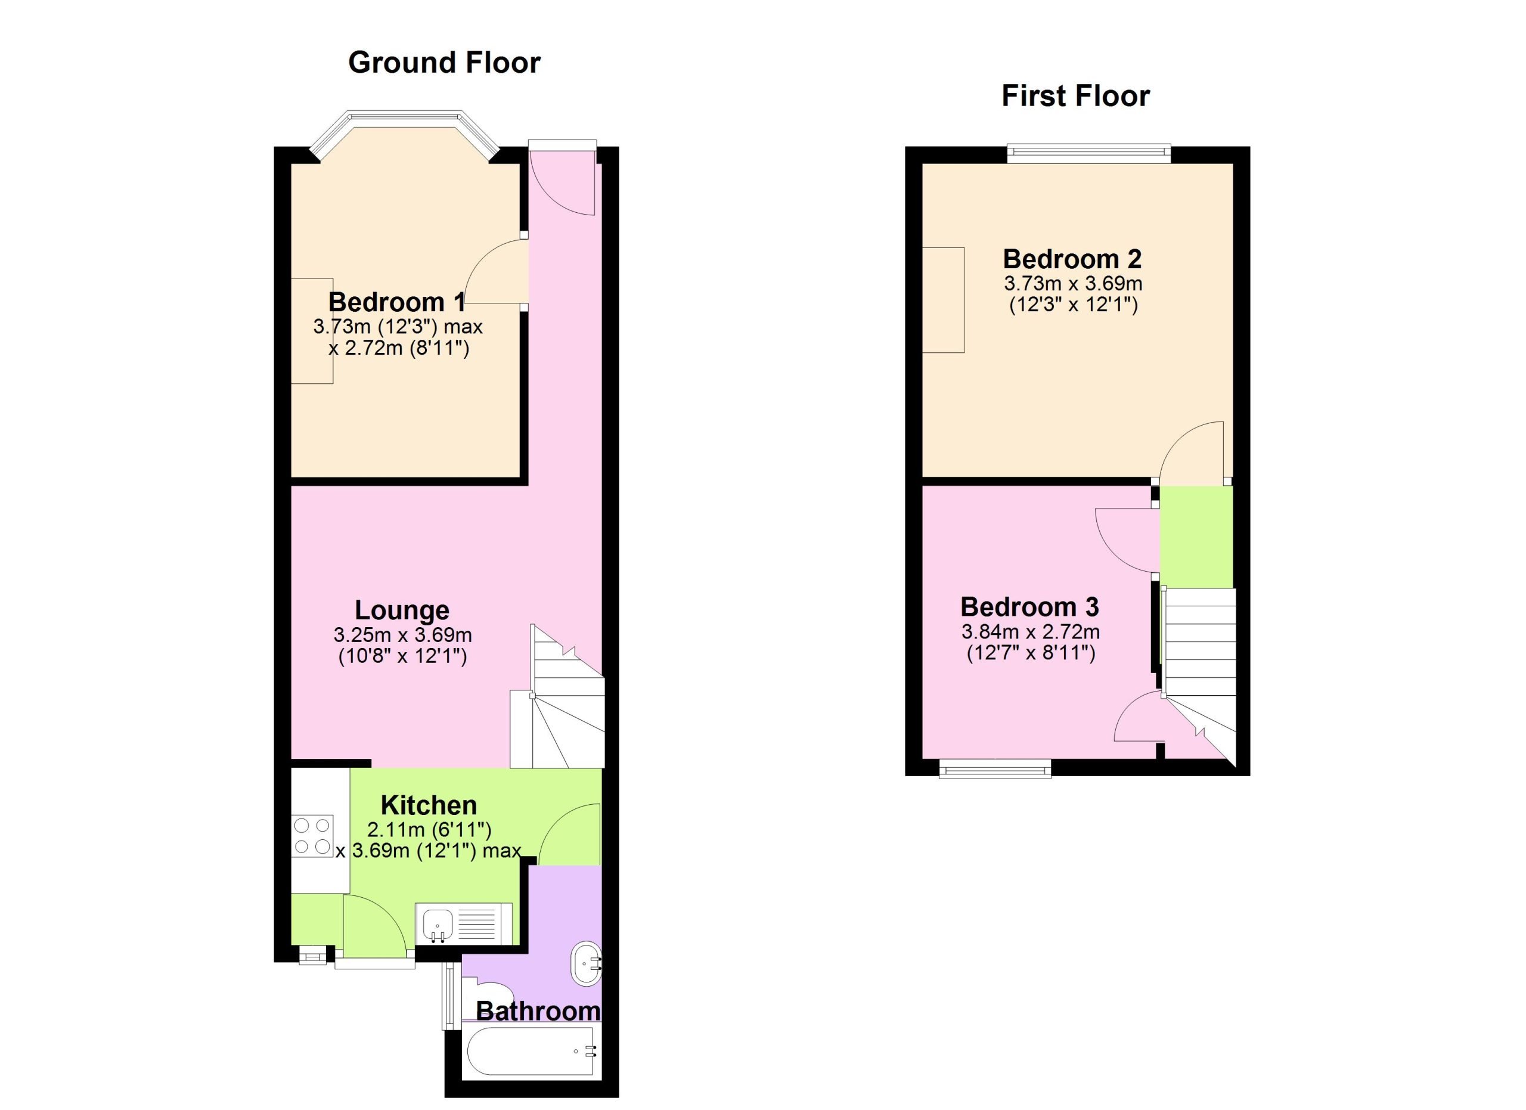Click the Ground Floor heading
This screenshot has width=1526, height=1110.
coord(444,63)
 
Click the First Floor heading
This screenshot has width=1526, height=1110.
coord(1075,95)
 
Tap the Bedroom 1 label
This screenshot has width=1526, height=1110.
coord(396,302)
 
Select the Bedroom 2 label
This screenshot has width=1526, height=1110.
coord(1072,259)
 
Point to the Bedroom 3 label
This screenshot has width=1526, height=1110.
coord(1029,607)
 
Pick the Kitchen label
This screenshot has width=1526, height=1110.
coord(429,805)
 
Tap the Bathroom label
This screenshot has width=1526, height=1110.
coord(538,1011)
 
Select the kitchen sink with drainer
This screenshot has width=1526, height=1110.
coord(464,923)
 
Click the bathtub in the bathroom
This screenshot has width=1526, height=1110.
coord(531,1052)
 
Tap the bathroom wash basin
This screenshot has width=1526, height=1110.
coord(587,963)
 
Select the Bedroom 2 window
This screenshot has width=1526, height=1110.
coord(1088,154)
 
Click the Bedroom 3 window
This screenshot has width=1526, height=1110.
coord(994,768)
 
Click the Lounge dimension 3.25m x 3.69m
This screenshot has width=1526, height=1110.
coord(402,635)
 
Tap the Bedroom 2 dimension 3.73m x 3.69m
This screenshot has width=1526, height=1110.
coord(1073,283)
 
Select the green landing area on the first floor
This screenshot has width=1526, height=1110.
coord(1196,536)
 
